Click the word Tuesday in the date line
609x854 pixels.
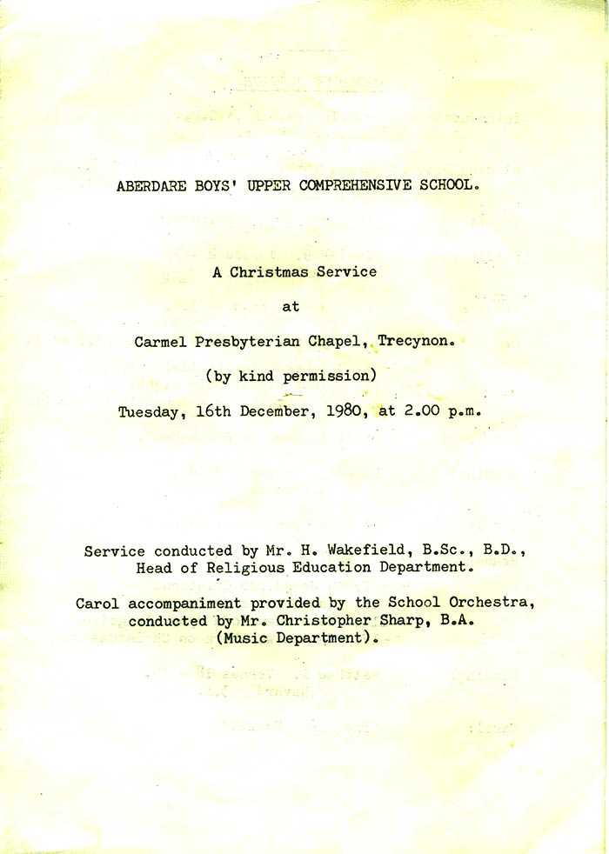pos(149,411)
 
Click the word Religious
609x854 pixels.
pos(245,568)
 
